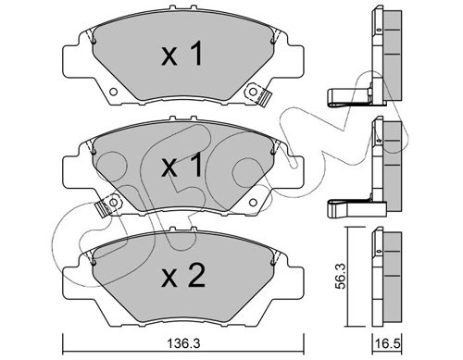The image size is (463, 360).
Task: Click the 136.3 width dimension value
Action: click(x=183, y=343)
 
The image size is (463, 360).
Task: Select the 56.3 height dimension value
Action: click(x=341, y=276)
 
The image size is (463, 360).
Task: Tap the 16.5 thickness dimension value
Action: click(x=386, y=343)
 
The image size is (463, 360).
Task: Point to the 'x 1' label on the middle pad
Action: click(x=182, y=165)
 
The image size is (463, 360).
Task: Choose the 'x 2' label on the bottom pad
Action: click(x=183, y=277)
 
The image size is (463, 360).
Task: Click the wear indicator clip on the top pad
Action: click(x=257, y=95)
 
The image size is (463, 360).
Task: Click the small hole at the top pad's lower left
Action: click(x=113, y=92)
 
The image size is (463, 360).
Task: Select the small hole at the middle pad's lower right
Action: click(x=253, y=203)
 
